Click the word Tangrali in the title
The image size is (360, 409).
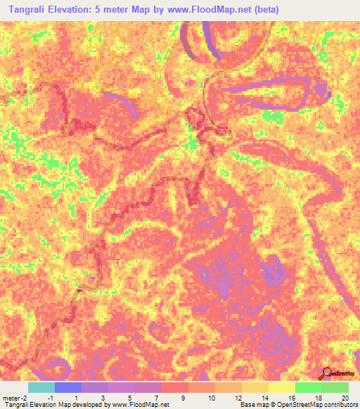29,10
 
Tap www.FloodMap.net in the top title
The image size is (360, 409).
212,10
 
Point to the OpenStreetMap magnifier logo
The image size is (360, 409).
327,372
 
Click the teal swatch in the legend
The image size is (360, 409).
41,387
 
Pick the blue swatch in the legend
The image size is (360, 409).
68,387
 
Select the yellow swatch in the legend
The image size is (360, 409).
282,387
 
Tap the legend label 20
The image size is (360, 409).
345,398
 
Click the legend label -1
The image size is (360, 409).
49,398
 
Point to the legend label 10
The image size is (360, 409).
212,398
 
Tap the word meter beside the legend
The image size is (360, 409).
12,398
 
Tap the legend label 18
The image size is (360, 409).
319,398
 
